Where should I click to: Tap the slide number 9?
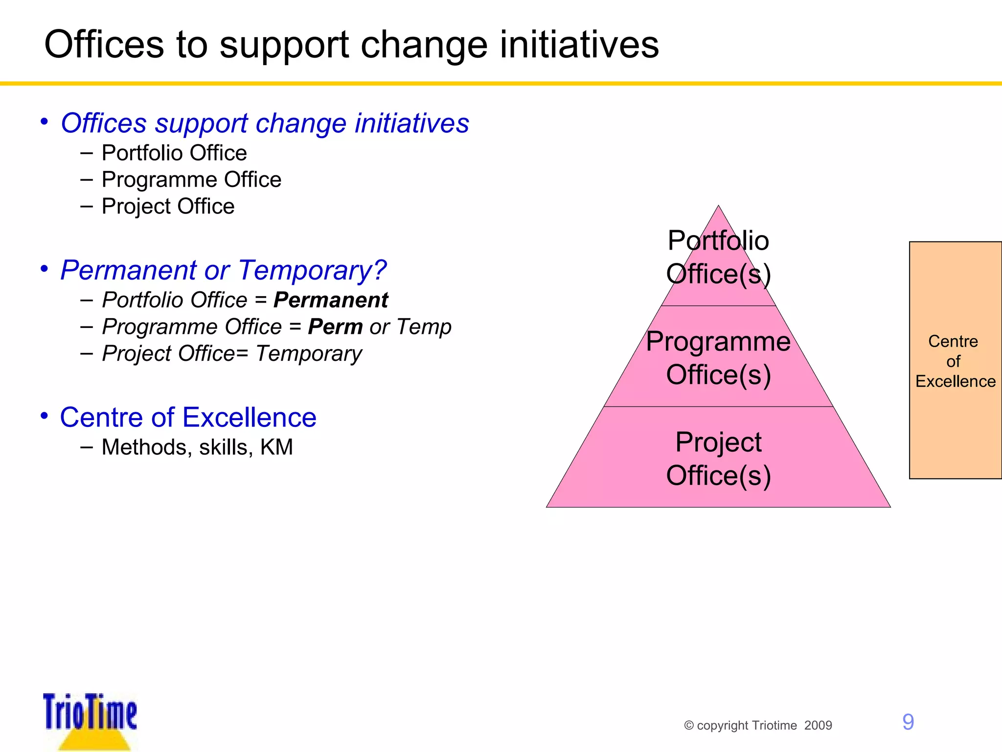pos(908,722)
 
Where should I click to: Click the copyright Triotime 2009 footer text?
pos(758,725)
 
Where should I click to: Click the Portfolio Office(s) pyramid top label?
pos(718,257)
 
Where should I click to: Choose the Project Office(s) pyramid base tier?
pos(718,459)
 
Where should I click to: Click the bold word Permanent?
pos(331,300)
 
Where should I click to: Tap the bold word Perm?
pos(335,327)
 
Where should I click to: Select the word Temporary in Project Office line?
pos(309,353)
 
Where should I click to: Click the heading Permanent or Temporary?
pos(223,270)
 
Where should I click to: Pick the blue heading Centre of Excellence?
pos(188,417)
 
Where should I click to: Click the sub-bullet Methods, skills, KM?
pos(197,447)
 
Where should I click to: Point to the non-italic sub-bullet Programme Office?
pos(191,180)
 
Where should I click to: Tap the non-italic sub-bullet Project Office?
pos(168,206)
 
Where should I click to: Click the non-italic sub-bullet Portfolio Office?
pos(174,153)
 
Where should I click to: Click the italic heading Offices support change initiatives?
pos(265,123)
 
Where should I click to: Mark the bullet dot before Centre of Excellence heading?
pos(44,416)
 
